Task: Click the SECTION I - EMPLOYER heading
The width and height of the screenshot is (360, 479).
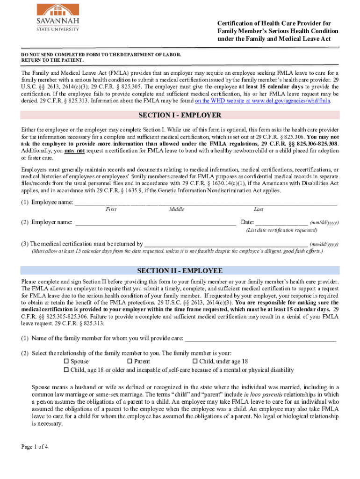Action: (x=180, y=115)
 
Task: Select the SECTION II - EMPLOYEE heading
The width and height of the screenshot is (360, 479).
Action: (x=180, y=271)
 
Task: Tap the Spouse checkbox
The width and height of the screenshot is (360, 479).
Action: (x=66, y=362)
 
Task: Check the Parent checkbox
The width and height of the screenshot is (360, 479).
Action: (x=130, y=362)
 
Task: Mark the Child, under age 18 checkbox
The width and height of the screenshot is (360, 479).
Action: (x=195, y=362)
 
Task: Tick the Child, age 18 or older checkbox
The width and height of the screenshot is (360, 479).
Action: (x=66, y=370)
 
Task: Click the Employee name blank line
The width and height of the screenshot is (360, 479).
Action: (x=206, y=203)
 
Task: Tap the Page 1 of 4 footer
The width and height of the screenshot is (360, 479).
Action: (x=35, y=447)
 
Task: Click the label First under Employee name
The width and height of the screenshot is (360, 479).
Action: (x=111, y=210)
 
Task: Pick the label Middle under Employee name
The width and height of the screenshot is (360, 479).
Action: (x=177, y=210)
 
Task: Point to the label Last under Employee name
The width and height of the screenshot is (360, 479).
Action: (x=259, y=210)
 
